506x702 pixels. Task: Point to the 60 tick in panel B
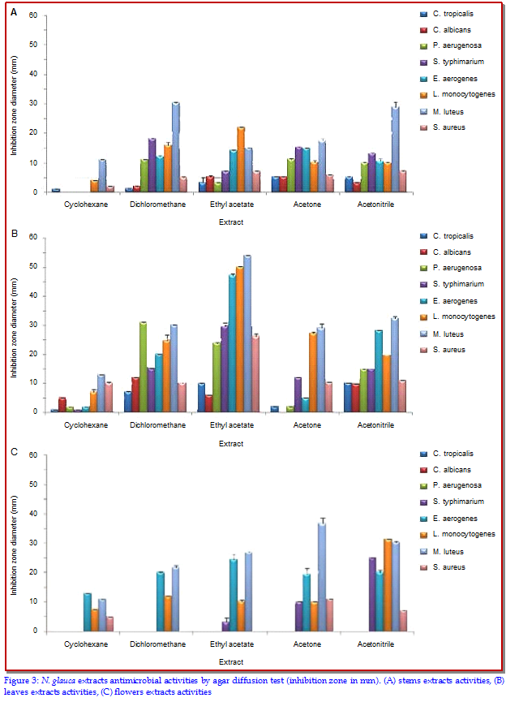pyautogui.click(x=32, y=237)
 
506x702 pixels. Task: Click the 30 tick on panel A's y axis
pyautogui.click(x=32, y=103)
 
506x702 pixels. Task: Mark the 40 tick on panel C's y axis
pyautogui.click(x=32, y=514)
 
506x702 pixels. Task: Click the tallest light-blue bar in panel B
pyautogui.click(x=247, y=333)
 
